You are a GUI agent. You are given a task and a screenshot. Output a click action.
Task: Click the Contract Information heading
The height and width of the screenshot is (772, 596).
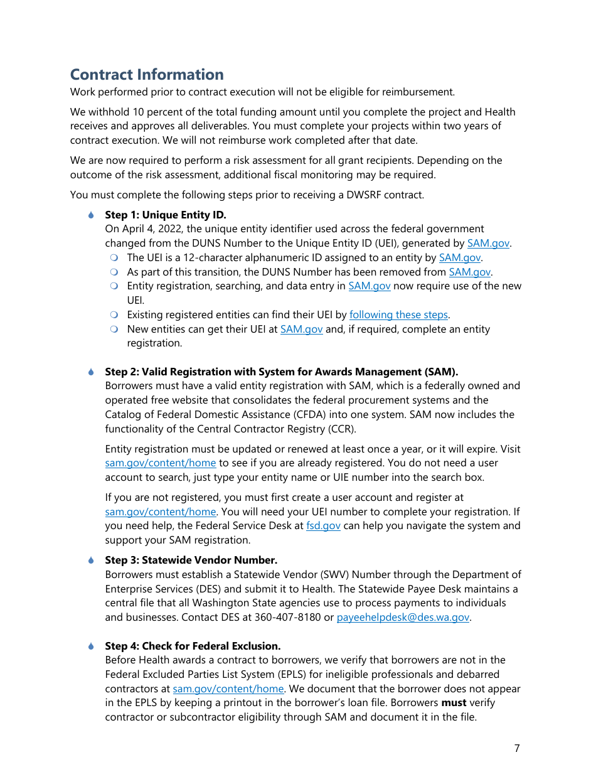pyautogui.click(x=147, y=75)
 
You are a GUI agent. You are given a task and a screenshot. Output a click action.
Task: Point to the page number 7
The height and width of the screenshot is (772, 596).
pyautogui.click(x=517, y=748)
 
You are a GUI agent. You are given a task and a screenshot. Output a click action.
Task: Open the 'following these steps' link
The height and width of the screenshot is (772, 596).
pyautogui.click(x=398, y=315)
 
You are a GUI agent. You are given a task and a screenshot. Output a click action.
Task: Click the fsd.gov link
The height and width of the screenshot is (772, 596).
pyautogui.click(x=323, y=526)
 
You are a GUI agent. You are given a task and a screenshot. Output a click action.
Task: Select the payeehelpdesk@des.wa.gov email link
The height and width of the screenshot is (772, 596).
pyautogui.click(x=403, y=618)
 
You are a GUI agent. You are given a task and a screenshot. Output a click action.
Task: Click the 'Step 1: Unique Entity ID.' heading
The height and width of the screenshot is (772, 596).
pyautogui.click(x=166, y=215)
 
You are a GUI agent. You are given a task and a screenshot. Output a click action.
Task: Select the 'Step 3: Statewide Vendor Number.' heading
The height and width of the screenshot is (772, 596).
pyautogui.click(x=191, y=560)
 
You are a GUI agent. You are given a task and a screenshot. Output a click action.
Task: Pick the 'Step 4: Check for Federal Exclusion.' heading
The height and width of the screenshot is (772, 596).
pyautogui.click(x=193, y=646)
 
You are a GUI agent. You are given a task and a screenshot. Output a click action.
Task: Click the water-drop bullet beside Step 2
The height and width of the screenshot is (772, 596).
pyautogui.click(x=91, y=372)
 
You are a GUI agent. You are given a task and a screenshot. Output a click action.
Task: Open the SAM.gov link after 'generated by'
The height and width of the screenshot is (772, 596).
pyautogui.click(x=489, y=244)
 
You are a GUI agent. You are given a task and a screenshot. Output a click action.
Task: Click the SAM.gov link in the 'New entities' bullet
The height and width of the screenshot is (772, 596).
pyautogui.click(x=301, y=330)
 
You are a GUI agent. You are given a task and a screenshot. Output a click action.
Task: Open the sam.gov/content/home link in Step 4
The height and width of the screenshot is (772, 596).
pyautogui.click(x=228, y=689)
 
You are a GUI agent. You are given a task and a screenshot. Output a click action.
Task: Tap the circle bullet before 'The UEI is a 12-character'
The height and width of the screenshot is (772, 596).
pyautogui.click(x=114, y=258)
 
